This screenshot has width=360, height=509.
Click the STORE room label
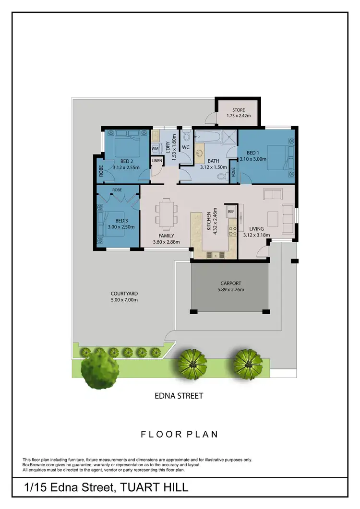coord(239,110)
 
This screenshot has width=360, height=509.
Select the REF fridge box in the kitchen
coord(231,212)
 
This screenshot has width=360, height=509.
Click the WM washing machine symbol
coord(155,149)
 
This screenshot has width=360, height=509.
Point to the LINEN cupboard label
coord(156,161)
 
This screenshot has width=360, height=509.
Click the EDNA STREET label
coord(179,396)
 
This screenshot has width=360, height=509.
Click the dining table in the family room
coord(166,214)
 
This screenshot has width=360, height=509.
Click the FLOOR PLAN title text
coord(179,434)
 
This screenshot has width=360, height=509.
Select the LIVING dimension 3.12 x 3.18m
coord(256,235)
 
